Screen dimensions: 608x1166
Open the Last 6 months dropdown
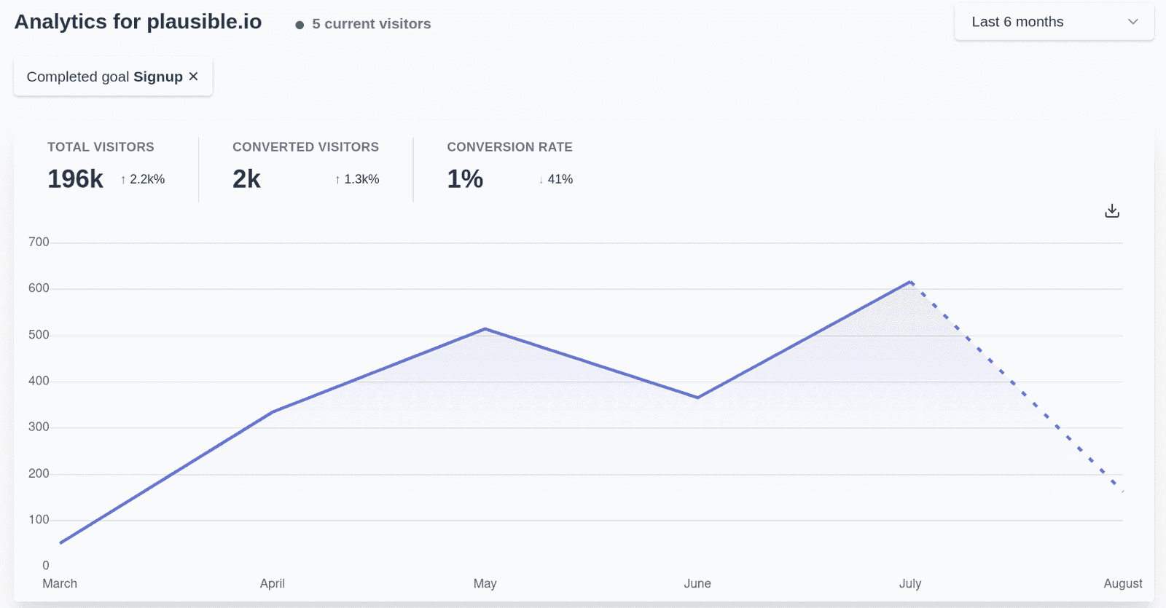point(1054,22)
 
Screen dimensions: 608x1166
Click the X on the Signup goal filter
point(193,76)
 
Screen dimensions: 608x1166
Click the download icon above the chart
point(1111,211)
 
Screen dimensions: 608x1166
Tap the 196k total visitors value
point(75,179)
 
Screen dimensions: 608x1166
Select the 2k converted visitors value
point(246,179)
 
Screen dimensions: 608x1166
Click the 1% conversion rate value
point(465,179)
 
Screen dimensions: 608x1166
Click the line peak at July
point(910,282)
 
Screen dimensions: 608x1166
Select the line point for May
point(485,329)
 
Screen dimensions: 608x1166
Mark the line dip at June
point(697,398)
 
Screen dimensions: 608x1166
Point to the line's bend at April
point(273,412)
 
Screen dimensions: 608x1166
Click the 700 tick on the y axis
point(39,242)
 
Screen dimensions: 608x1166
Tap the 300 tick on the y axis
point(39,427)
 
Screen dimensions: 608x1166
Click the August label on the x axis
point(1122,583)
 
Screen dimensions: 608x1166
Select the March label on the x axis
point(60,583)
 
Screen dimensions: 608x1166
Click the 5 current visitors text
point(371,24)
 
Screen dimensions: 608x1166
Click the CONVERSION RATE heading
point(509,147)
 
